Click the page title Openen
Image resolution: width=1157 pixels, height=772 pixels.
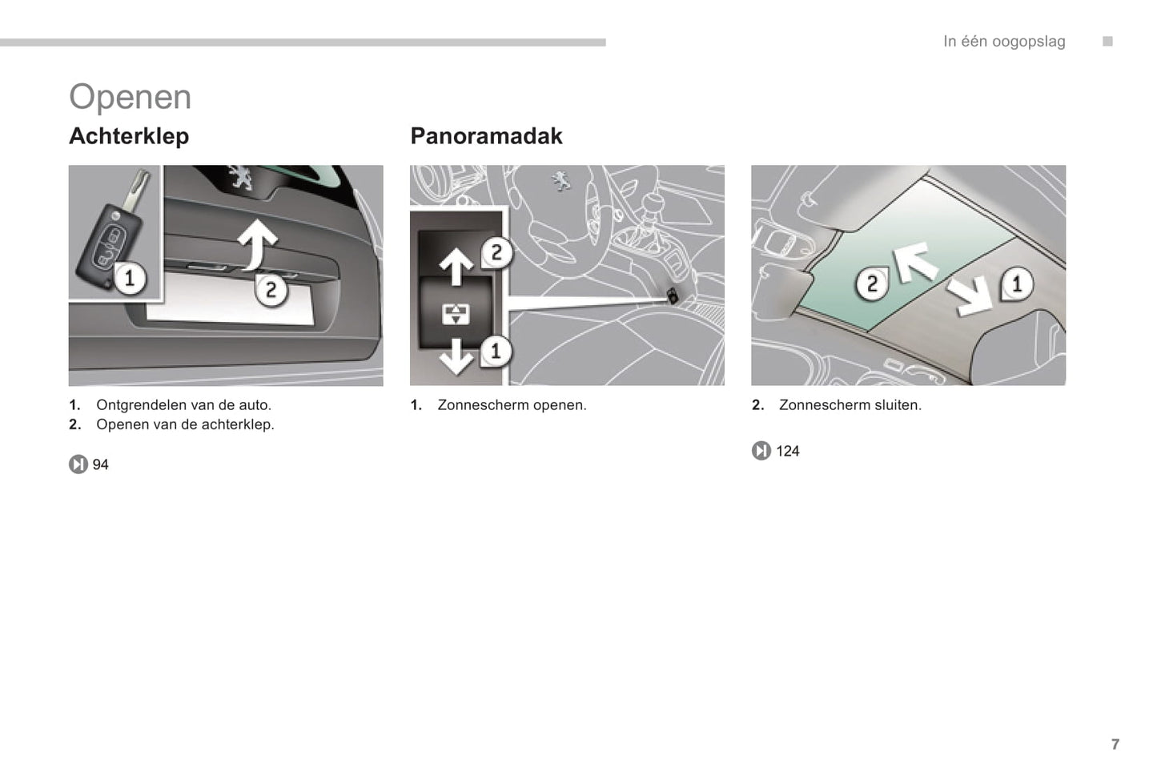[131, 97]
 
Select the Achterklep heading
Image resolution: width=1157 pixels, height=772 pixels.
[129, 136]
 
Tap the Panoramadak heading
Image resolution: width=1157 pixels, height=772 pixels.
[486, 136]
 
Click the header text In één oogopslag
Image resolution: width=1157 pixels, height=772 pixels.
[1004, 42]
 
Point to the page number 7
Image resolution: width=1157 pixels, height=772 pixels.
[1115, 744]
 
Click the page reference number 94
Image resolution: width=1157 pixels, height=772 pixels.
[100, 464]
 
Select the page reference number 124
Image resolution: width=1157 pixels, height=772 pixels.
[788, 451]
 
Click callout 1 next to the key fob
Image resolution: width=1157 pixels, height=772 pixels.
[129, 279]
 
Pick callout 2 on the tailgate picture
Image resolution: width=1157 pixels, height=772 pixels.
[271, 290]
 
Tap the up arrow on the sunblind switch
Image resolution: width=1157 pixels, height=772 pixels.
[456, 267]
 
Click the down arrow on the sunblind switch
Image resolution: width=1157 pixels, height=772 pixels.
[456, 356]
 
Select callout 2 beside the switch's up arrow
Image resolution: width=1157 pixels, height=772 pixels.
[496, 253]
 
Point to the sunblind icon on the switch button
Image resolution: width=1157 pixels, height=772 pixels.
[456, 314]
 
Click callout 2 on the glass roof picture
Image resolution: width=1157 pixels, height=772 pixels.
[872, 283]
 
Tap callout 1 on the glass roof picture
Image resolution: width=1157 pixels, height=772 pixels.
[1017, 283]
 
